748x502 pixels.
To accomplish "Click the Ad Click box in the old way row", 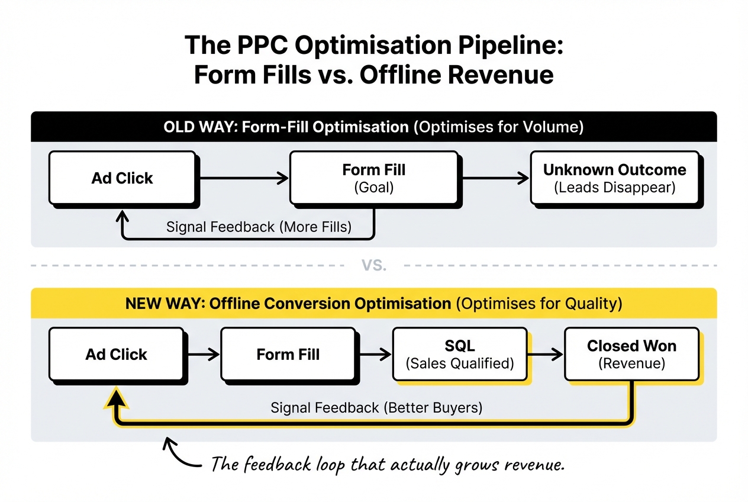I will coord(122,178).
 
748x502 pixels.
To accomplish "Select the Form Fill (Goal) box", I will coord(373,178).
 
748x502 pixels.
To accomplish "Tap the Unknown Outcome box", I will coord(614,178).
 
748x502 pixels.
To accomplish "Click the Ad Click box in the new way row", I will coord(116,355).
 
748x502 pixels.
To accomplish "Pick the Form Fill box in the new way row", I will coord(288,355).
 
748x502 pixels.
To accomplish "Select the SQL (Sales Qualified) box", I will coord(459,355).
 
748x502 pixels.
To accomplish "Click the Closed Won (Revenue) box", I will coord(631,354).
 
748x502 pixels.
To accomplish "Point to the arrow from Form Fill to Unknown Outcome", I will coord(495,178).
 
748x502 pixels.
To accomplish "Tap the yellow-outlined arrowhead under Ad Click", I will coord(118,398).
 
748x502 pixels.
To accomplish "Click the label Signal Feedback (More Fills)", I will coord(259,227).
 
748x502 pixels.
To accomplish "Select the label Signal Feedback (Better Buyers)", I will coord(376,408).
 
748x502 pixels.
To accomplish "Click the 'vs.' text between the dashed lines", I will coord(374,266).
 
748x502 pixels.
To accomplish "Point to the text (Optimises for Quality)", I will coord(539,304).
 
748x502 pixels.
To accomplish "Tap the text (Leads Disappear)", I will coord(614,188).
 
